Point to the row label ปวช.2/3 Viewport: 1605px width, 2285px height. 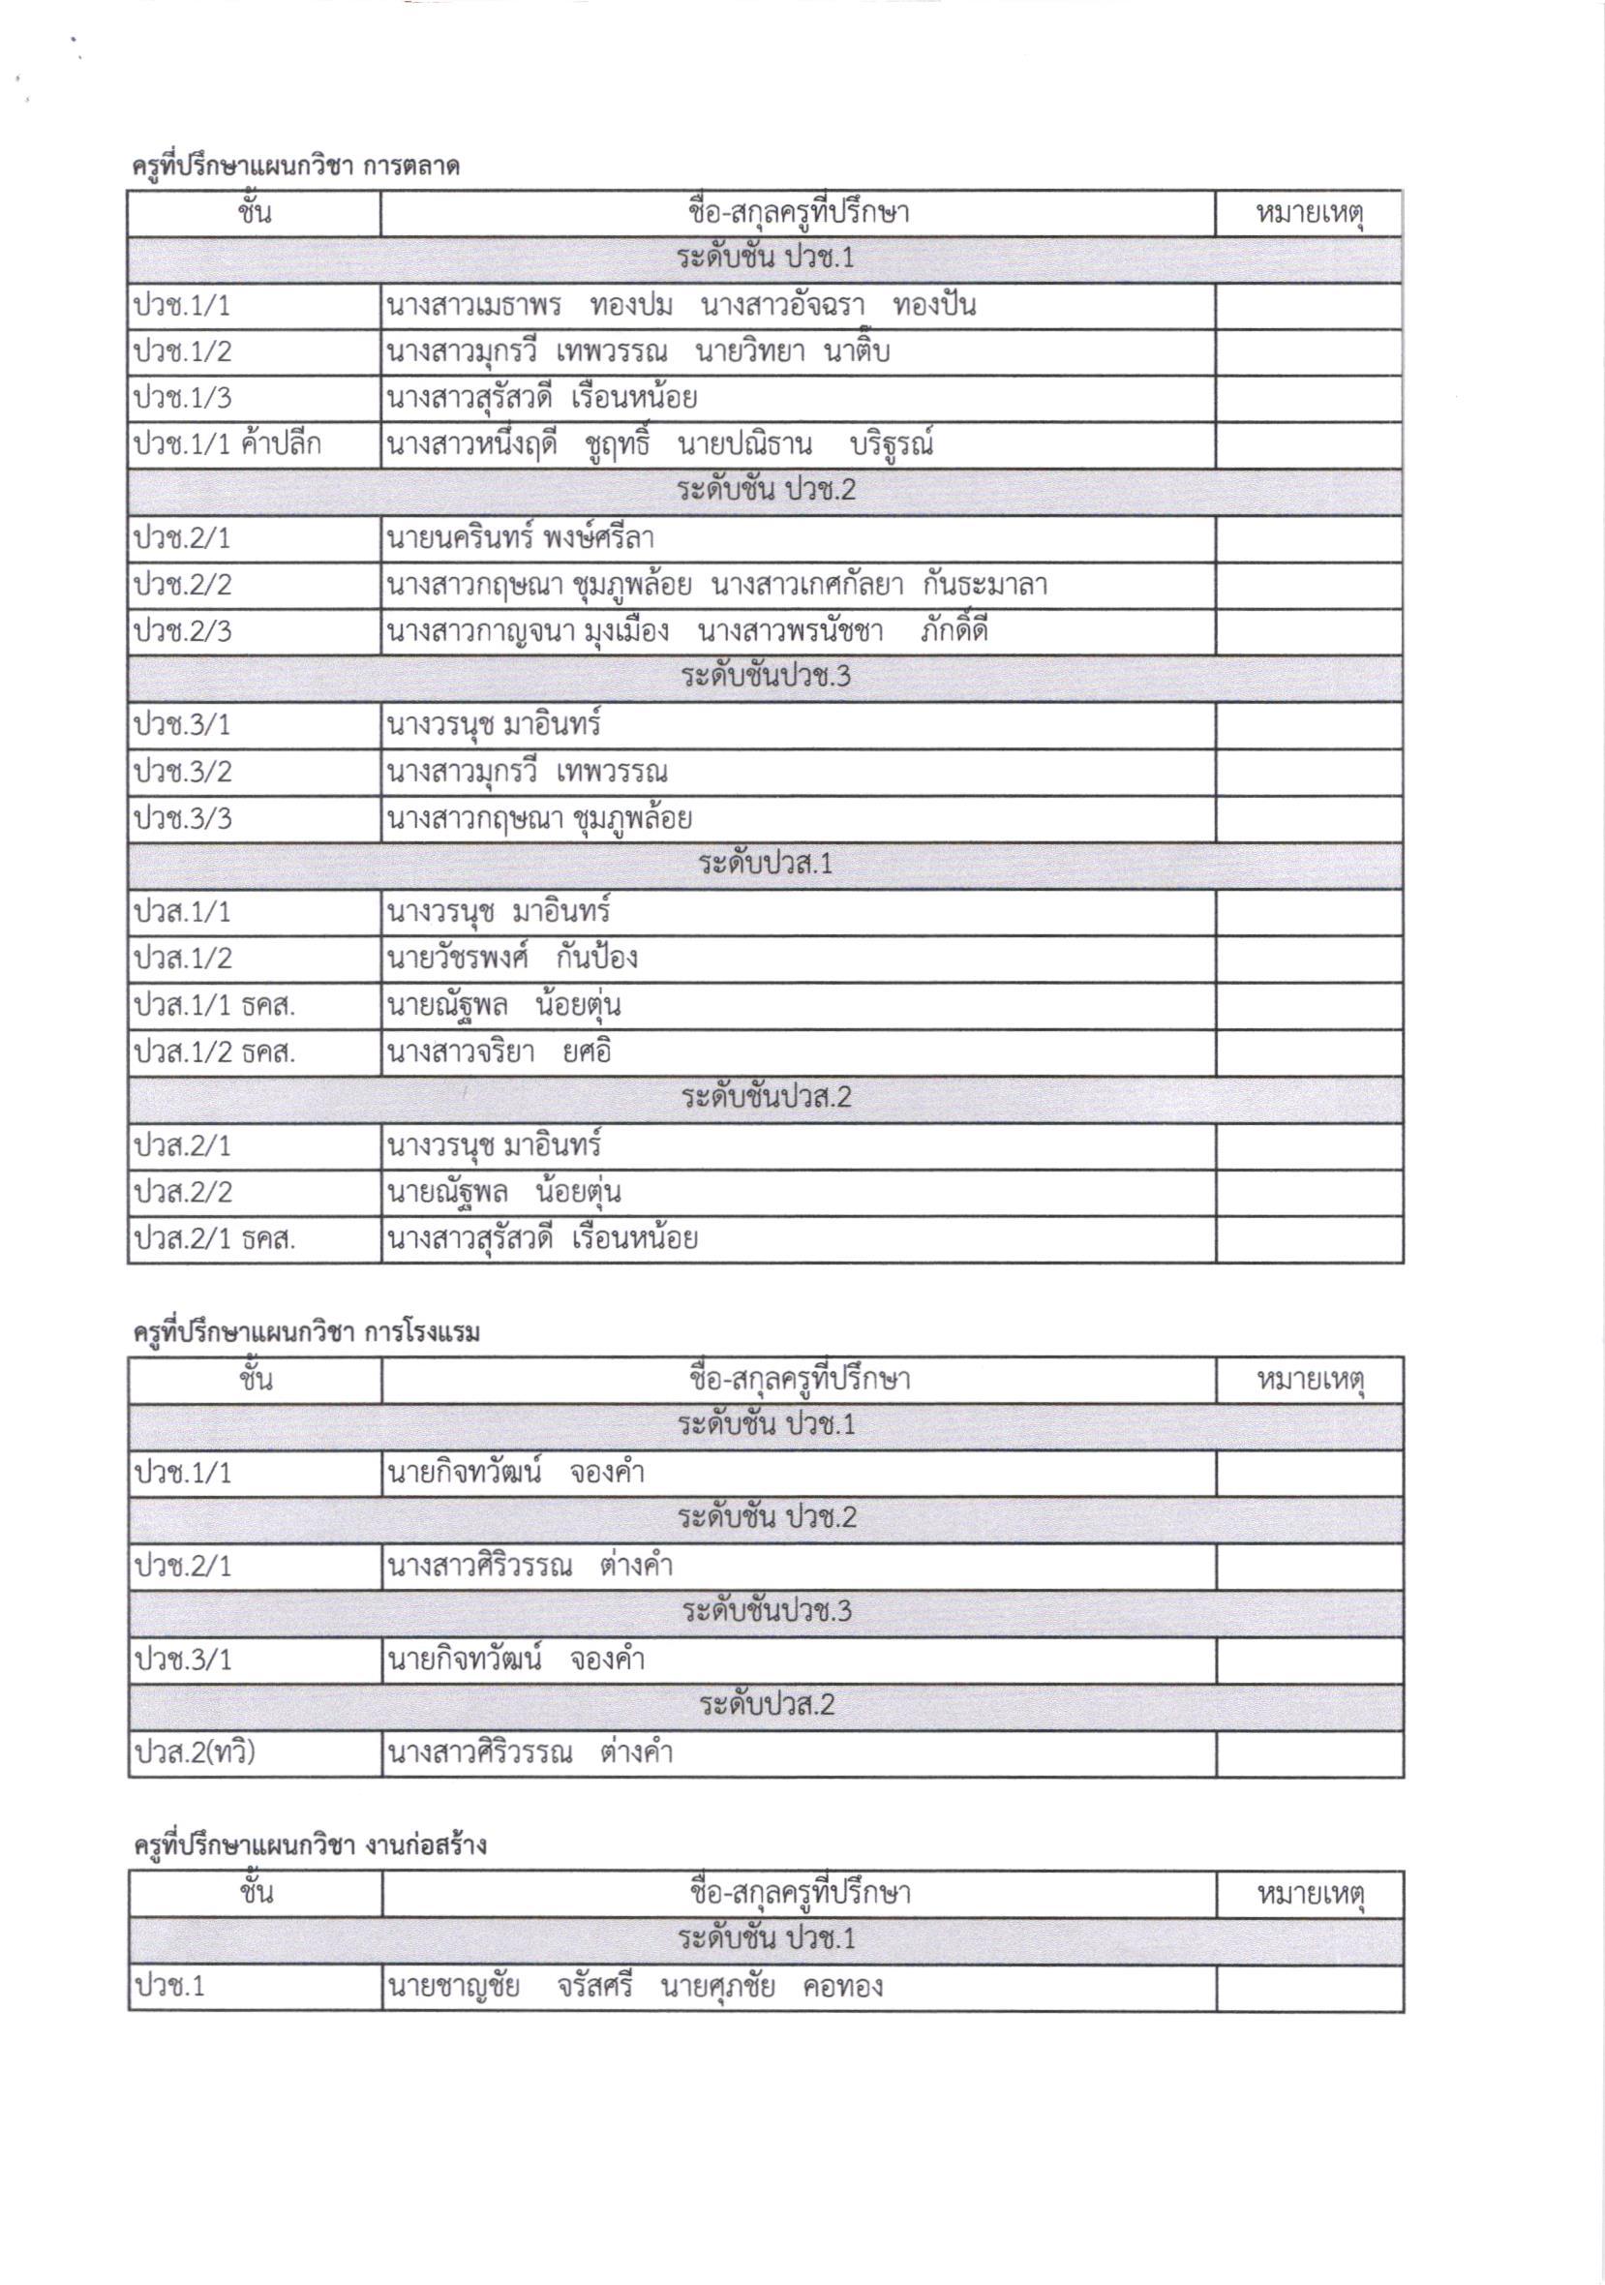[183, 632]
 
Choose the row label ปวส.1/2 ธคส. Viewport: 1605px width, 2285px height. [215, 1052]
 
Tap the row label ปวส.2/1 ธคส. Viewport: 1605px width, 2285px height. [215, 1239]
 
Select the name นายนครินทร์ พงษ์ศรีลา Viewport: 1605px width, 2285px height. [521, 538]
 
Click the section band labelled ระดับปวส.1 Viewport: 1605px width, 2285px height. [765, 865]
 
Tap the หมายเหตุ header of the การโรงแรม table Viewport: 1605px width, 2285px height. [1310, 1381]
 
